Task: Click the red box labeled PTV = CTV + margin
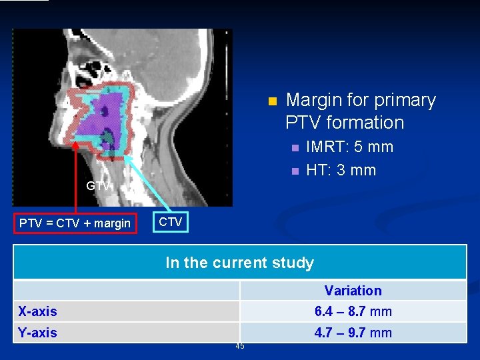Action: click(x=75, y=223)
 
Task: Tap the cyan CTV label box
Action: click(x=171, y=222)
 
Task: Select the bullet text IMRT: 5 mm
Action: click(x=349, y=147)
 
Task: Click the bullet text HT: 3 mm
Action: click(x=341, y=170)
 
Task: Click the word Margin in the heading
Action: click(x=313, y=101)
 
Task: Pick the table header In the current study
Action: click(x=239, y=263)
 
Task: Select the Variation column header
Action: click(x=353, y=291)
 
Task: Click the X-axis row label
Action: click(x=38, y=311)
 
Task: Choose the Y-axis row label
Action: click(x=38, y=333)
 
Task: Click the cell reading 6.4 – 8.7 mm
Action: click(x=353, y=311)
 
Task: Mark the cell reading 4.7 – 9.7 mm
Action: click(x=353, y=333)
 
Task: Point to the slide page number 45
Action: click(x=239, y=346)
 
